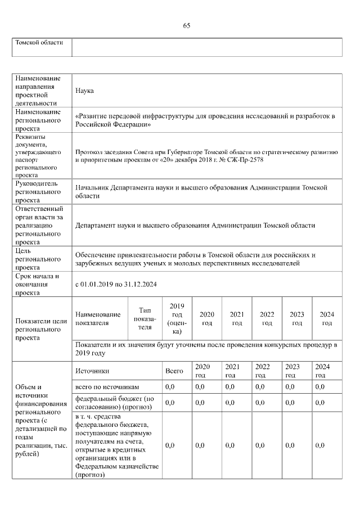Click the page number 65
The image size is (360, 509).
(187, 25)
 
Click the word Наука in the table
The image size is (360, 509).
(84, 91)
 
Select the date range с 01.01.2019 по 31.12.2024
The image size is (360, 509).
(115, 284)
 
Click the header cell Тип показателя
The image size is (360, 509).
(145, 318)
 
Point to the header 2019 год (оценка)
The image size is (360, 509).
(177, 318)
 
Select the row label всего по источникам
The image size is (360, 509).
(107, 387)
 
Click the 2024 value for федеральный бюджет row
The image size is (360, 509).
(319, 403)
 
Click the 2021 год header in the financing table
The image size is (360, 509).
(230, 371)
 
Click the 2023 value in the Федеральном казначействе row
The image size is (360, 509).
(290, 445)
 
